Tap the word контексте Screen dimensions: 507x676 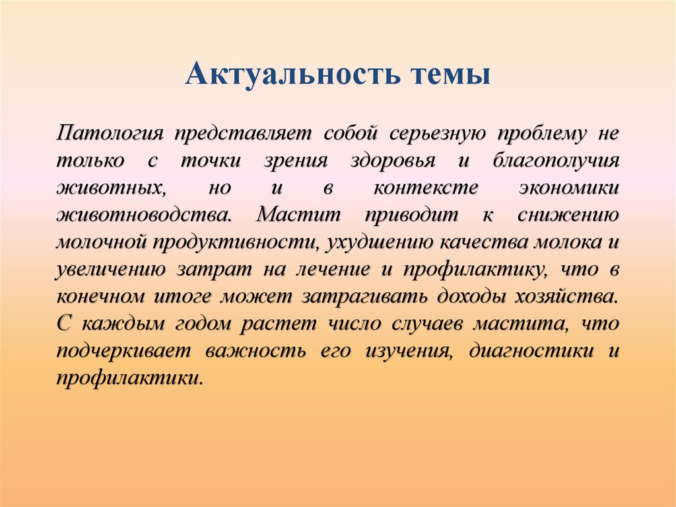click(426, 188)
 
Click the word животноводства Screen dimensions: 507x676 click(145, 215)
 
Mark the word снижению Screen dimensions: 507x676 click(568, 215)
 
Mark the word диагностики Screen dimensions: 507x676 click(531, 352)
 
